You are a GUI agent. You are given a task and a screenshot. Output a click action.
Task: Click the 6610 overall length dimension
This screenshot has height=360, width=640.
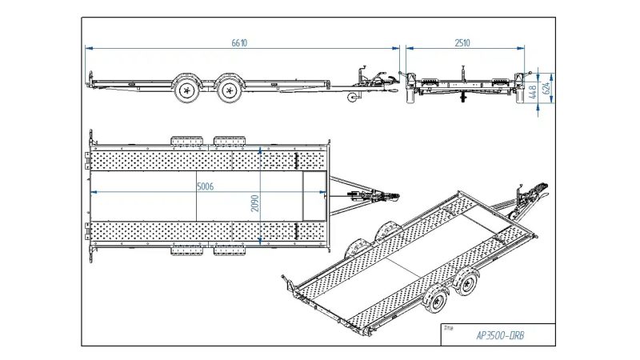coord(239,43)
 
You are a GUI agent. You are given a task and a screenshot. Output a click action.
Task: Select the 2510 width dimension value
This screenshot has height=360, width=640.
coord(462,43)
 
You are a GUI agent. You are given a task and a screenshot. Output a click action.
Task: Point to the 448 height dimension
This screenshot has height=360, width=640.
coord(532,92)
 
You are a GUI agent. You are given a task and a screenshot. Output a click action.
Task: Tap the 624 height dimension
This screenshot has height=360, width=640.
coord(547,87)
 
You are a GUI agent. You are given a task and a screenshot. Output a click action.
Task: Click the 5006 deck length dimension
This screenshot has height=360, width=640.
coord(206,186)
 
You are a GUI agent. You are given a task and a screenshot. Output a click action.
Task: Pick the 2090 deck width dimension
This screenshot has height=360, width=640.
coord(254,203)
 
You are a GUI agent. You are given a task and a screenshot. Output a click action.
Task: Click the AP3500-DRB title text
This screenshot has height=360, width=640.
coord(500,336)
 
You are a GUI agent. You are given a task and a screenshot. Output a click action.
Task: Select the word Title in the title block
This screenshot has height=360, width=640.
coord(448,328)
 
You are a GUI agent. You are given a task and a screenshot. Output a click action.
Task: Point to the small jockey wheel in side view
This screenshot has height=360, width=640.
coord(352,98)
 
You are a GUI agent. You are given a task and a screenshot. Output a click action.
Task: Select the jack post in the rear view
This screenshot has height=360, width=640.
coord(463,84)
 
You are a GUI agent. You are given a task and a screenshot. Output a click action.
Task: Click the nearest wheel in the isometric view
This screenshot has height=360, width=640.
coord(436,300)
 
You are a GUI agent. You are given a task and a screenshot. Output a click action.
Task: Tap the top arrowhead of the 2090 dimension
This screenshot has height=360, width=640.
coord(260,150)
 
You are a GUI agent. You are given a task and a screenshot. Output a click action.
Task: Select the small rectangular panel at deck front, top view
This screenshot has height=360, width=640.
coord(314,196)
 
